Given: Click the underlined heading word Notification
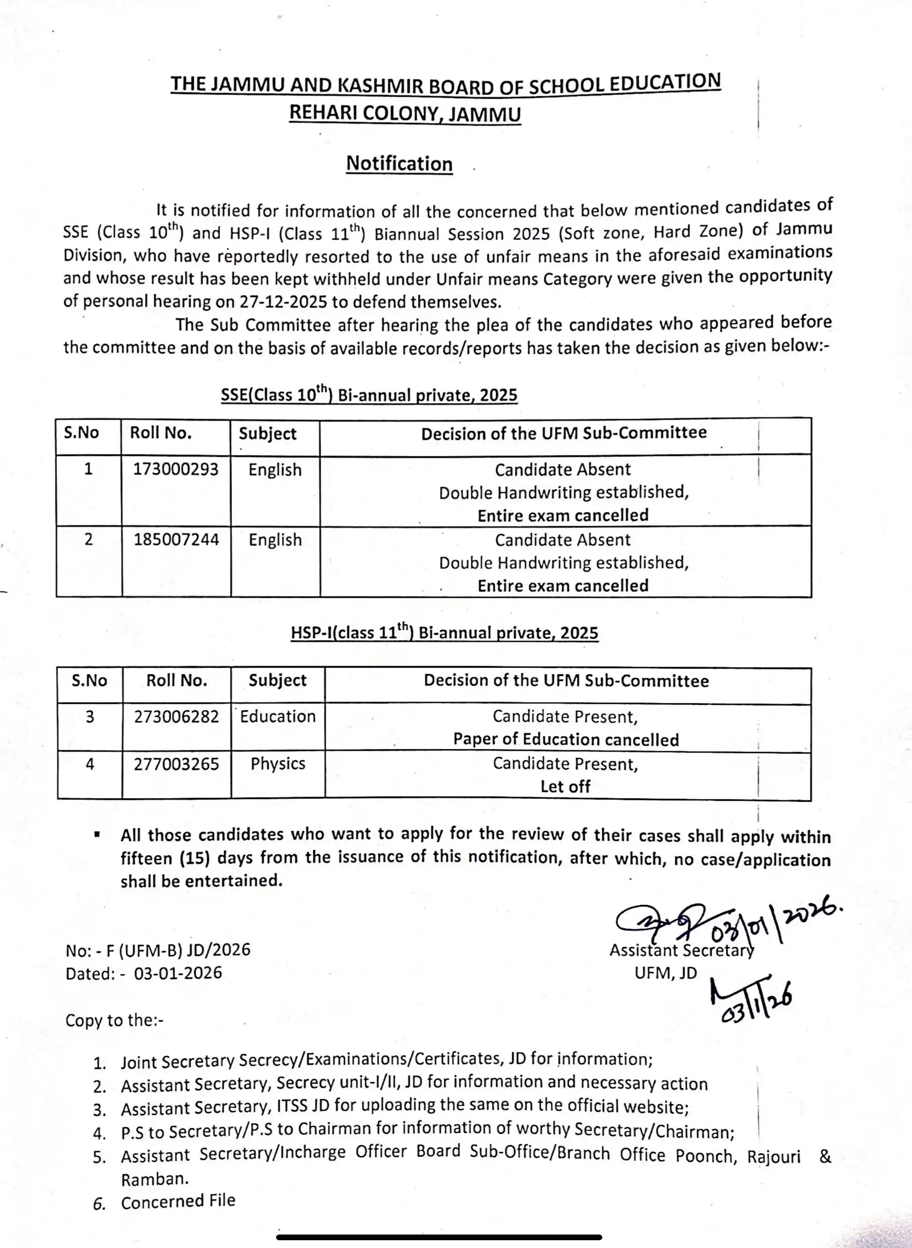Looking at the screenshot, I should [399, 164].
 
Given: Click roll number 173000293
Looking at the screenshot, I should [176, 469].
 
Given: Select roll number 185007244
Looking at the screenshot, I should [176, 539].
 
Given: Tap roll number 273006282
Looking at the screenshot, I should [176, 716].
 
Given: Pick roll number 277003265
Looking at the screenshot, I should [176, 764].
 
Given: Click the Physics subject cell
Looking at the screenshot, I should [278, 764].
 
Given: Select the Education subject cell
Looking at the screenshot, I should [278, 716].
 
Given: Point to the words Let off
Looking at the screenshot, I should [566, 786].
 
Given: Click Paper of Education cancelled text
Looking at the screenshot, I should [566, 739].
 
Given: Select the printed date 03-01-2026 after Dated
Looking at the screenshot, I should [178, 972].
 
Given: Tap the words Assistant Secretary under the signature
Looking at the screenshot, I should [681, 950].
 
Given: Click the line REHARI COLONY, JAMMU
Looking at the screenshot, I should [404, 113].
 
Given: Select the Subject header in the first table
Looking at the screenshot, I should [267, 434].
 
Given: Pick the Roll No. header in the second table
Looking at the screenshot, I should [176, 680].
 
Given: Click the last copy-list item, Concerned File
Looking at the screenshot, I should [178, 1200].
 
